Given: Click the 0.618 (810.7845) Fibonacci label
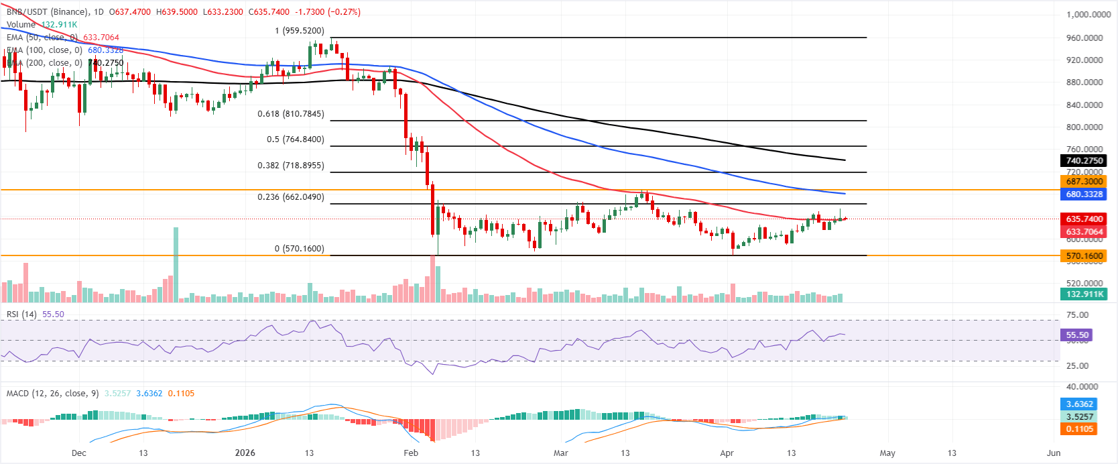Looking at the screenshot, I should [290, 114].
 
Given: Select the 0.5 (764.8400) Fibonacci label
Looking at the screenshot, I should [295, 139].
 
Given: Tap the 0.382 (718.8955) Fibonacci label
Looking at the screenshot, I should [290, 165].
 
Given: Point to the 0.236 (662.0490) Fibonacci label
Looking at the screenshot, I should [290, 197].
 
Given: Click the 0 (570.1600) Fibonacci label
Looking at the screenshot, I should [299, 249].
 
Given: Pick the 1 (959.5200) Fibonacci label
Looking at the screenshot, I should [299, 31].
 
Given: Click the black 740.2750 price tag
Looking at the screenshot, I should [1084, 161].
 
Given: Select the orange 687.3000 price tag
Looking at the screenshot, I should [1084, 182].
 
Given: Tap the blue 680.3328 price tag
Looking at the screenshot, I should [1084, 194].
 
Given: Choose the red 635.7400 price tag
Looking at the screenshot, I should [1084, 219].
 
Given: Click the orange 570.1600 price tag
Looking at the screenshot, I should [1084, 256].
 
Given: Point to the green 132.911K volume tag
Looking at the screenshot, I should [1084, 294].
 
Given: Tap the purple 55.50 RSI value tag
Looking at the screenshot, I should [1076, 335].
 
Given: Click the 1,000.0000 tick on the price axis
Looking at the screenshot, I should [1088, 15].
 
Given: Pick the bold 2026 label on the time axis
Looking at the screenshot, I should [245, 453].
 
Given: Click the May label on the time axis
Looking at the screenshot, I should [887, 453].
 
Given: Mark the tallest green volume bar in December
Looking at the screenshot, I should [176, 265].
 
